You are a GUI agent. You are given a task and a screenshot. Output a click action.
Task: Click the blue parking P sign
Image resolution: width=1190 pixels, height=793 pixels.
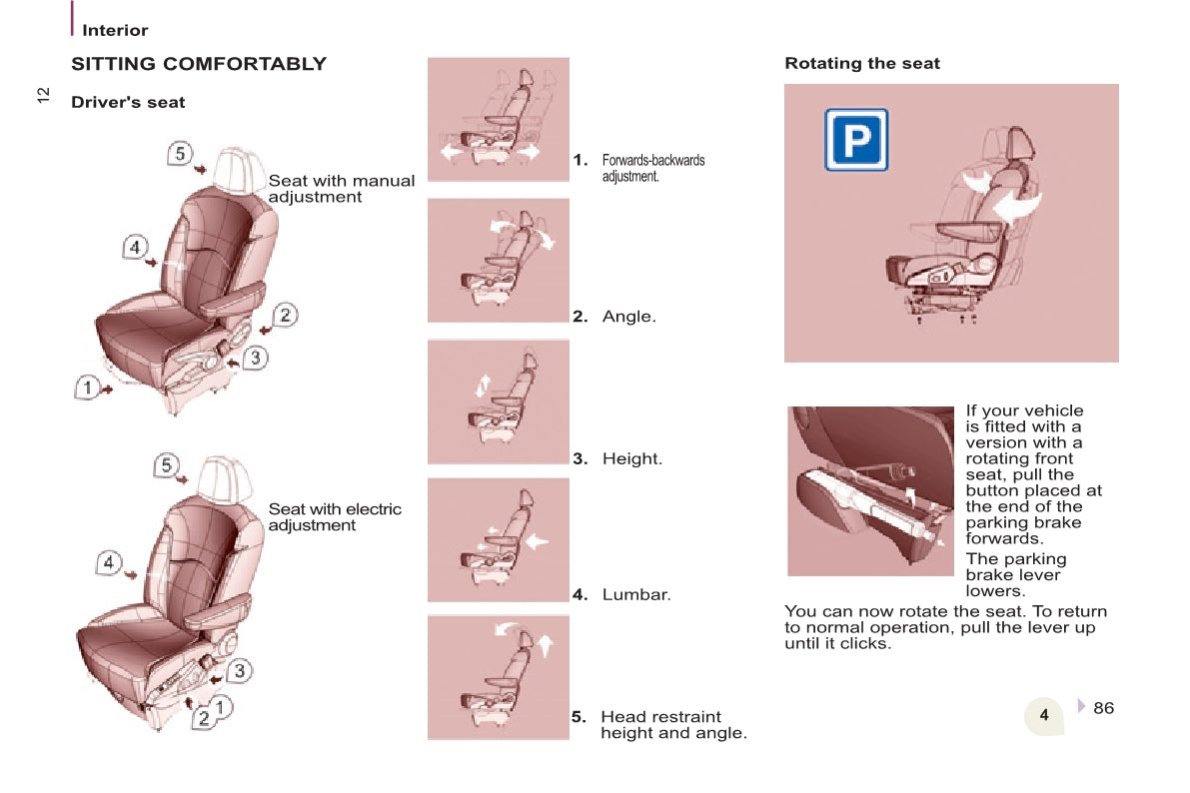[x=856, y=140]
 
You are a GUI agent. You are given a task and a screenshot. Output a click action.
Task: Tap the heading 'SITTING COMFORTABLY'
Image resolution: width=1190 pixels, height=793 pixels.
[x=199, y=64]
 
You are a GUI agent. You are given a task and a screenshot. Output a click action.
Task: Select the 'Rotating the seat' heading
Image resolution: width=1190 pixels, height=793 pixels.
[x=862, y=63]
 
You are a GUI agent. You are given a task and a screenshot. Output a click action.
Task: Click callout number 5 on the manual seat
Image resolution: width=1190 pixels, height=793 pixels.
[x=179, y=153]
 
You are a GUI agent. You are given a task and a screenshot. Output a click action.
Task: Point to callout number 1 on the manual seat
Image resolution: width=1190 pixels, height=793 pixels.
[x=87, y=388]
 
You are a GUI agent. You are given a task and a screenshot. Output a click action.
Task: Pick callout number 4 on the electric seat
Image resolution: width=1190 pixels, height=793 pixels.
[x=109, y=562]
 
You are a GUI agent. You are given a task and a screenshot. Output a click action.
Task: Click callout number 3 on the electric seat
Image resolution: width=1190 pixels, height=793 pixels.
[x=239, y=670]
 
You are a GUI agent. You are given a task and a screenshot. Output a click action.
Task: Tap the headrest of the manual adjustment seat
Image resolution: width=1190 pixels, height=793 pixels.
[x=238, y=169]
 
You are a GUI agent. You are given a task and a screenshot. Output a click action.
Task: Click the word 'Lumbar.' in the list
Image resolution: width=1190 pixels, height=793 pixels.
[x=636, y=594]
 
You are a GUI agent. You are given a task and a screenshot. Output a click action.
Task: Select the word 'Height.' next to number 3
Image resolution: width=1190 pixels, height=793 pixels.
[x=632, y=458]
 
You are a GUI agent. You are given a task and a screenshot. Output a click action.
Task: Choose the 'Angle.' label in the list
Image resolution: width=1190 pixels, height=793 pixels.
[x=629, y=317]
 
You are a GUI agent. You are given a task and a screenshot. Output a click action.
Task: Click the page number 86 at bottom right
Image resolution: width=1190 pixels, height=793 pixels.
[x=1103, y=708]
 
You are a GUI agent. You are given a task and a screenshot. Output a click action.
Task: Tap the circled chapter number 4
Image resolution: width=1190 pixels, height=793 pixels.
[x=1044, y=715]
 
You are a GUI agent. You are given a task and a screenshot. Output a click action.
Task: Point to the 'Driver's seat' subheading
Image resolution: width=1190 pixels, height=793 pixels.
[x=128, y=103]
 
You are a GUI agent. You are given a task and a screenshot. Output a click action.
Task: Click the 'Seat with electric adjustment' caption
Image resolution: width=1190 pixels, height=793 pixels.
[x=335, y=516]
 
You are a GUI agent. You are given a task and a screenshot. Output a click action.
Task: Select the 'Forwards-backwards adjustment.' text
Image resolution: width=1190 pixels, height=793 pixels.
[x=653, y=168]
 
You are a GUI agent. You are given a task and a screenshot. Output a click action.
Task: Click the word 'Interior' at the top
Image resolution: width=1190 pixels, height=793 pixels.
[x=115, y=30]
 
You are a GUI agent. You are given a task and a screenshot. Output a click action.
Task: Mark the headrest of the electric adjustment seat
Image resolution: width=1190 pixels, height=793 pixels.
[x=224, y=478]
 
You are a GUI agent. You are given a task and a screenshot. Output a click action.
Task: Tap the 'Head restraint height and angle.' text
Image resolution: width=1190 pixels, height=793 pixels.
[x=673, y=725]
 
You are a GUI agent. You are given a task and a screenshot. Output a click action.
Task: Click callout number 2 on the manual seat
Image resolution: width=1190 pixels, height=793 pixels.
[x=285, y=315]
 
